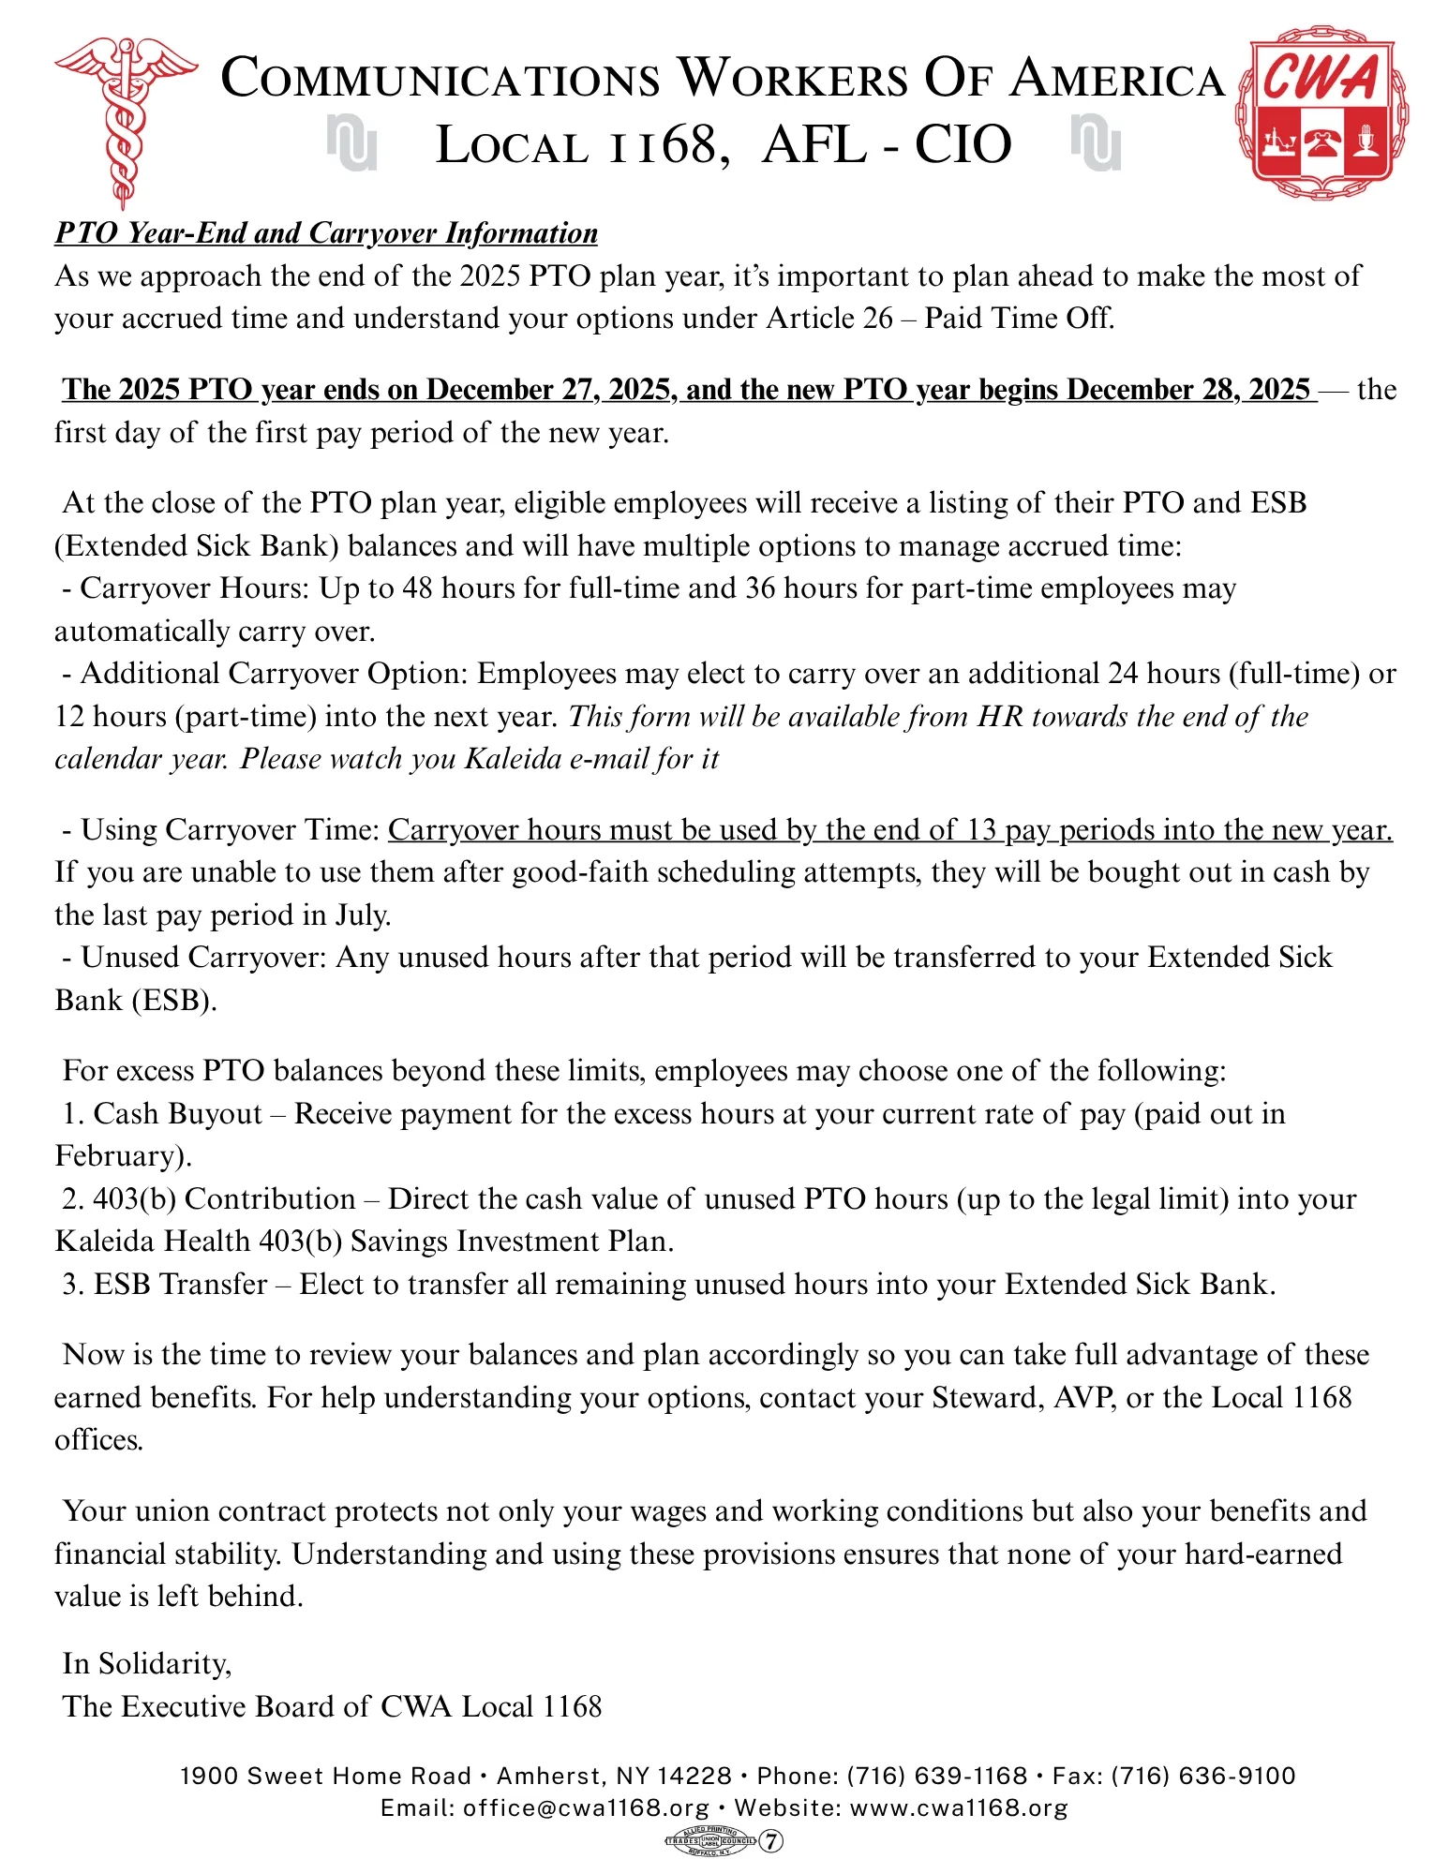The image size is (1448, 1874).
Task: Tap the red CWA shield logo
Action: coord(1322,116)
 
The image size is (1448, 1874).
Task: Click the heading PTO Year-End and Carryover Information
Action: coord(326,232)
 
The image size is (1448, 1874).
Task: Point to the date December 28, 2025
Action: coord(1187,390)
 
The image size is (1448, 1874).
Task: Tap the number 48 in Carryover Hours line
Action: coord(417,588)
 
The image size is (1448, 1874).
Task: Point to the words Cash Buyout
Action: coord(178,1113)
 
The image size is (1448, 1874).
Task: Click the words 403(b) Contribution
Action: coord(224,1198)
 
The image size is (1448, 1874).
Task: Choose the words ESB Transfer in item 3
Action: coord(181,1284)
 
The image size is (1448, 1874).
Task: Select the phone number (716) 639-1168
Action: coord(937,1776)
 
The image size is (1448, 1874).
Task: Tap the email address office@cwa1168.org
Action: coord(586,1807)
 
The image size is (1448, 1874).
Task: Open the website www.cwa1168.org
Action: coord(959,1807)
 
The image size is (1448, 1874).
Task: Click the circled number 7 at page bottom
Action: coord(770,1841)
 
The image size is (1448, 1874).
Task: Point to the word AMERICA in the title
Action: coord(1117,79)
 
